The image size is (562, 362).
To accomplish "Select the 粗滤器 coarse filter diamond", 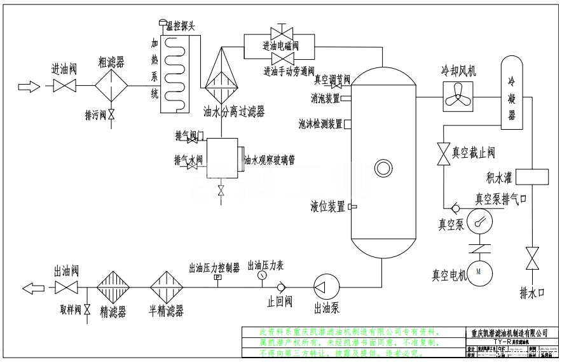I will pyautogui.click(x=111, y=85).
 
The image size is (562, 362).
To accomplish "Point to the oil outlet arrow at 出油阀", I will pyautogui.click(x=32, y=288).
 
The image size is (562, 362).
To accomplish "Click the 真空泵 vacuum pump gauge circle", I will pyautogui.click(x=481, y=221).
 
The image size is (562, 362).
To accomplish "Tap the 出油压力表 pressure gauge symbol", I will pyautogui.click(x=263, y=277).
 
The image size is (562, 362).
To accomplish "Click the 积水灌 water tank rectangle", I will pyautogui.click(x=535, y=177).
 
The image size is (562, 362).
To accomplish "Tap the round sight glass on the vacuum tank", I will pyautogui.click(x=383, y=169).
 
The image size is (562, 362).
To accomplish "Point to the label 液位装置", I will pyautogui.click(x=328, y=207).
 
